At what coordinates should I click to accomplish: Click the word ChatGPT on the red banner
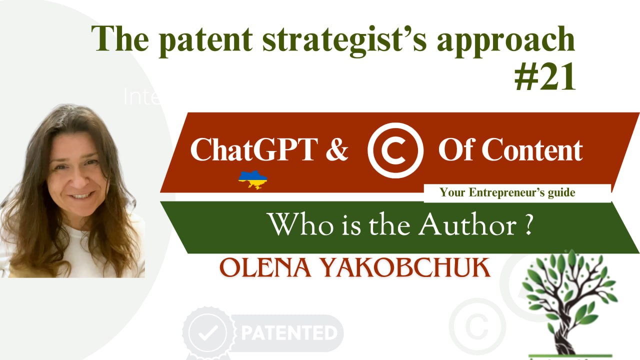click(x=253, y=149)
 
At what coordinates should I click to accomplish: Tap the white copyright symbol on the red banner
click(x=395, y=150)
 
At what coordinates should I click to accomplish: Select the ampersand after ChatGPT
click(x=336, y=149)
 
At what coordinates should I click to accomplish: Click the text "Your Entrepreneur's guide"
click(x=507, y=192)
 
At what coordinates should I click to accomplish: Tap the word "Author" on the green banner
click(x=467, y=225)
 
